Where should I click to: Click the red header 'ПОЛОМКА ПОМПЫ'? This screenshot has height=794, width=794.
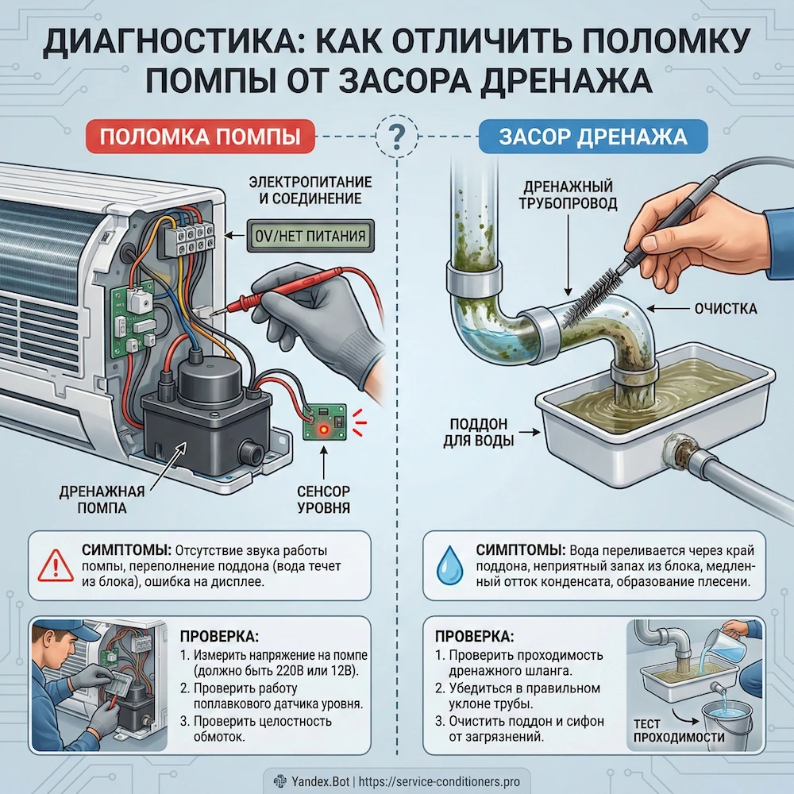click(x=201, y=137)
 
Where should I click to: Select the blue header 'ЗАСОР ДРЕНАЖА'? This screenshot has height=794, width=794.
click(x=592, y=137)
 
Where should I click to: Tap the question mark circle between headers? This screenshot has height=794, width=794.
click(x=395, y=137)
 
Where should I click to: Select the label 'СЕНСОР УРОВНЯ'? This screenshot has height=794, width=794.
click(x=323, y=499)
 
